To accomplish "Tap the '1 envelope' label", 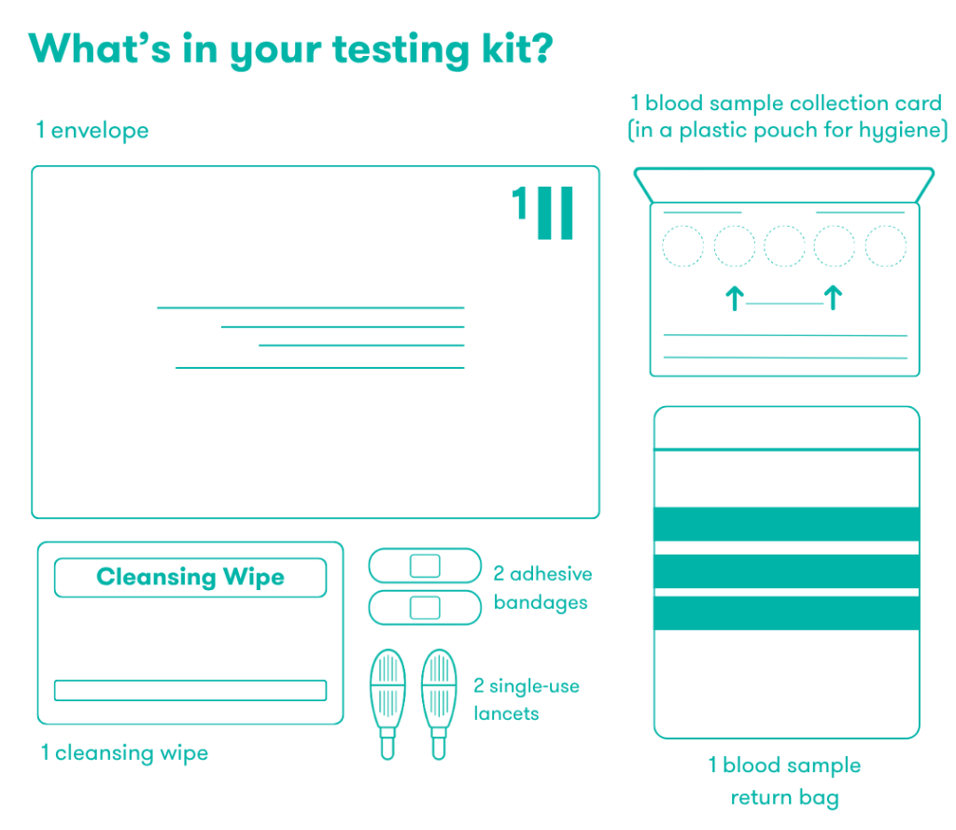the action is pos(92,131).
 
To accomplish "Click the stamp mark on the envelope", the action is pos(542,212).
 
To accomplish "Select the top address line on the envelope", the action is pos(310,307).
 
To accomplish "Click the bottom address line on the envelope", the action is pos(319,368).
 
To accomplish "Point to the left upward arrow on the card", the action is pos(735,298).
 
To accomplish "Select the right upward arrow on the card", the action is pos(833,298).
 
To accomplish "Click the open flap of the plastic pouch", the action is pos(784,170).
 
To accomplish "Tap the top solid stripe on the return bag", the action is pos(786,524).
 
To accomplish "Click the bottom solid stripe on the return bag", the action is pos(786,612).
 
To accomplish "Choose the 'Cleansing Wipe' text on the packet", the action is pos(190,577).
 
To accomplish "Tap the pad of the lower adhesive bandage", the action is pos(425,608).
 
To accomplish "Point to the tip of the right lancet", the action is pos(439,758).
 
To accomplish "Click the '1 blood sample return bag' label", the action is pos(784,781).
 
